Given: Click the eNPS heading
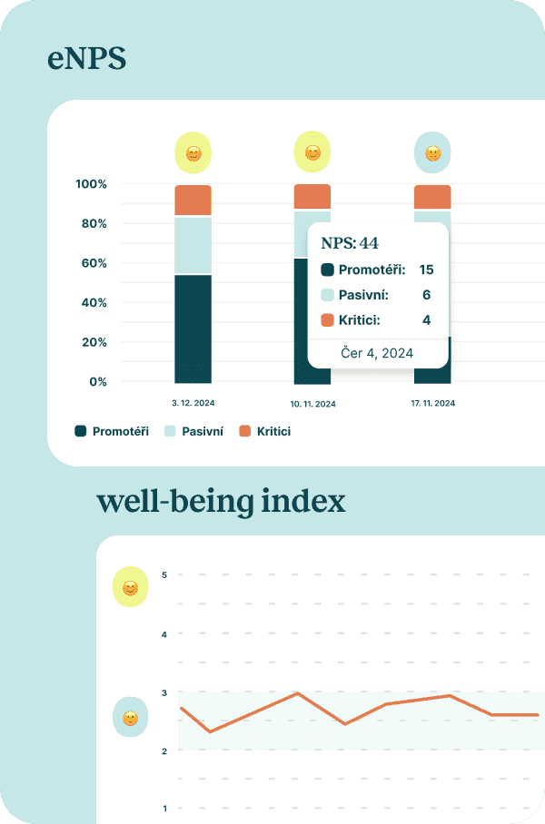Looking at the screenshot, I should pos(86,60).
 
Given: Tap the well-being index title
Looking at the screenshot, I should pos(221,501).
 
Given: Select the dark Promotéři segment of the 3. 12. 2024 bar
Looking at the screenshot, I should pos(193,328).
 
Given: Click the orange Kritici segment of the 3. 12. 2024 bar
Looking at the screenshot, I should pos(193,200).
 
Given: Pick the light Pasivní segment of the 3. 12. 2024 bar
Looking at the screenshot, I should pos(193,245).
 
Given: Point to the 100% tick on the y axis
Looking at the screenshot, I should pos(91,184).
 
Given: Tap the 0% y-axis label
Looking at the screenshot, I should pos(96,382).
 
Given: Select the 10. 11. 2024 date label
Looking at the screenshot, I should pos(312,404).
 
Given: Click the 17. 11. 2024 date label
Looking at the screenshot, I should pos(431,404).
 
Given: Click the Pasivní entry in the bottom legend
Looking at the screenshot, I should pos(193,431).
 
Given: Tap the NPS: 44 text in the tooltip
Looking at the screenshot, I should pos(350,242).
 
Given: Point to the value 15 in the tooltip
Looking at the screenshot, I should pos(426,270).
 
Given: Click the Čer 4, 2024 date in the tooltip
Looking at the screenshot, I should pos(377,353).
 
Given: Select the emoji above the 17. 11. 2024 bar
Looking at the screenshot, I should pos(432,153).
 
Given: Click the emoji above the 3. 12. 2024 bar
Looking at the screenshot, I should pos(193,153).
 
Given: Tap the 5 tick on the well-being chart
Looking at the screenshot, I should pos(164,574).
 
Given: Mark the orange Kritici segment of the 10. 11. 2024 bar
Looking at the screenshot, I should pos(312,196).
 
